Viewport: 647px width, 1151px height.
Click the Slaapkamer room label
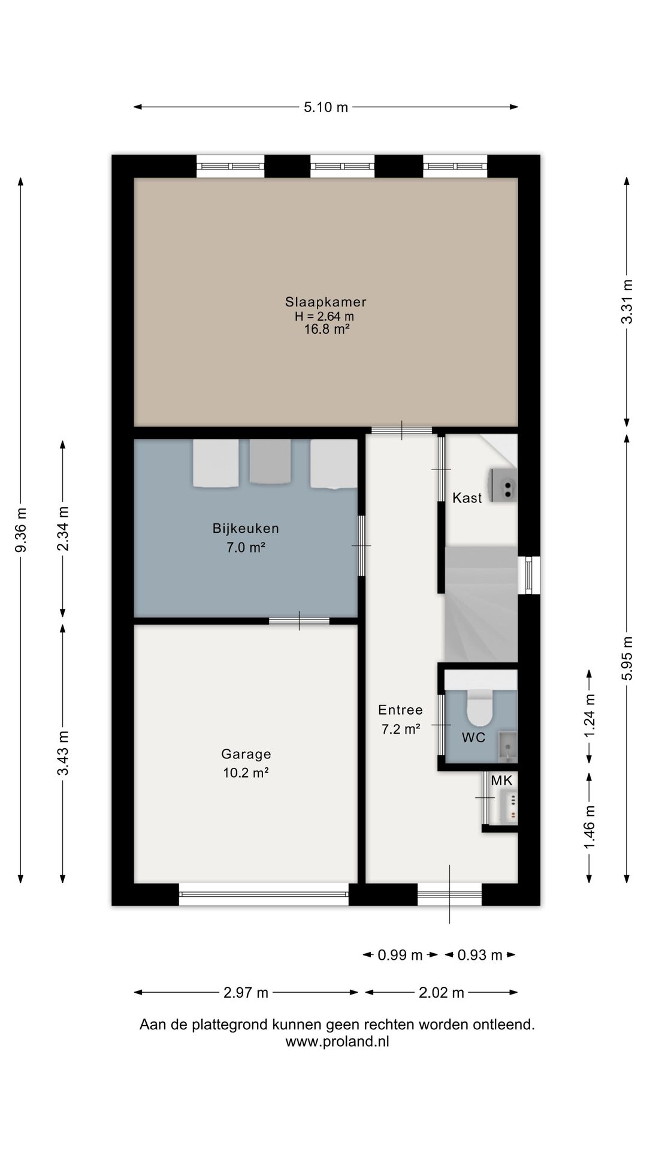point(326,302)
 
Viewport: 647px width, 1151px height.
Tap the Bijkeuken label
point(246,529)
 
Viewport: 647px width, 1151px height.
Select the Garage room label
point(246,754)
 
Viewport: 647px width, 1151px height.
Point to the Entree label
point(400,710)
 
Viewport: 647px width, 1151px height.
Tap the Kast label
point(467,498)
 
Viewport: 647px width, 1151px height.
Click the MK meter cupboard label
point(501,781)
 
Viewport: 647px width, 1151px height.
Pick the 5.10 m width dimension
point(326,107)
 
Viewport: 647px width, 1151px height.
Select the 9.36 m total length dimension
point(22,530)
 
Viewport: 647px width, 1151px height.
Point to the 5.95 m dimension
point(627,658)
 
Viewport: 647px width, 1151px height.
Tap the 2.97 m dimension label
point(246,993)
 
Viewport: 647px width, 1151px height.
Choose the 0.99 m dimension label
point(400,955)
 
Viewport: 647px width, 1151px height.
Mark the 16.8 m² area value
point(326,329)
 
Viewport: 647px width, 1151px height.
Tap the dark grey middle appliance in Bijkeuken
point(270,462)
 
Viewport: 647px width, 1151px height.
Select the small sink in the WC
point(507,746)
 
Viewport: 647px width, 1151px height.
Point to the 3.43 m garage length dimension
point(63,753)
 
